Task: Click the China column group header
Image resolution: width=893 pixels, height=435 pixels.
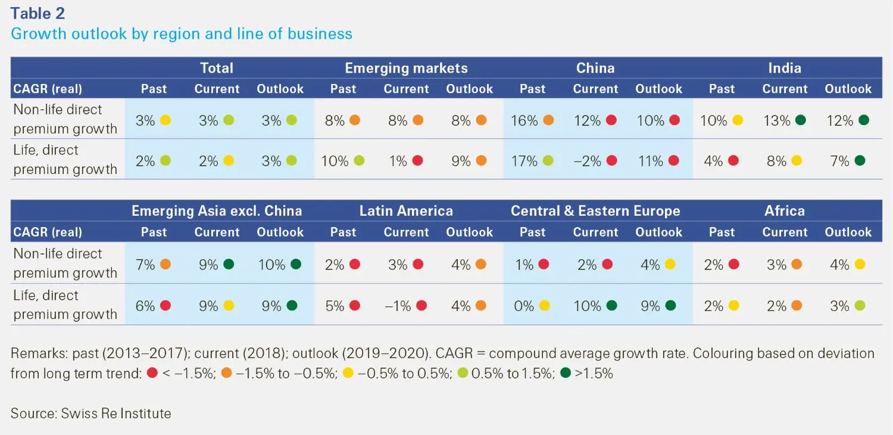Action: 595,68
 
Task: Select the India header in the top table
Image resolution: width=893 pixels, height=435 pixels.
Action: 784,68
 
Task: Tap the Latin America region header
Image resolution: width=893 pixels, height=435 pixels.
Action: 406,211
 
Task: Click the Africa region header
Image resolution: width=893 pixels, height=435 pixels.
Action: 784,211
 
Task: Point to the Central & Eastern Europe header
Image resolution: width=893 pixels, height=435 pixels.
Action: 595,211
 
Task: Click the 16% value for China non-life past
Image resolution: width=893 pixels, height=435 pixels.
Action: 524,120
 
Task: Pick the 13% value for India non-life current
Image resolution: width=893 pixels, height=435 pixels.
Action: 777,120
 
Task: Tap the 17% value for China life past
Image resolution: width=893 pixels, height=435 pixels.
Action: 524,161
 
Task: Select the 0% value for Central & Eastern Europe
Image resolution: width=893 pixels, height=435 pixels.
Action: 524,306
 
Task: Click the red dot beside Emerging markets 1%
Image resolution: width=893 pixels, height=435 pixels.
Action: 417,161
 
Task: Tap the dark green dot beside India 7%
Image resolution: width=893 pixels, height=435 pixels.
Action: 859,161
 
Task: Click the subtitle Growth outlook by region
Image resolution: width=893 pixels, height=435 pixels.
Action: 182,34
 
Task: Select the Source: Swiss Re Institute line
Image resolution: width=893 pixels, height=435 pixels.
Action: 90,413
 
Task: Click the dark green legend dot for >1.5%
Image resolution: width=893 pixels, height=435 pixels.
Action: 565,374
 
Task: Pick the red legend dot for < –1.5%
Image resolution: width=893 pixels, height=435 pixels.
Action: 152,374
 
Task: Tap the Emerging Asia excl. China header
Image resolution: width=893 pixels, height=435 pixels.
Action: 217,211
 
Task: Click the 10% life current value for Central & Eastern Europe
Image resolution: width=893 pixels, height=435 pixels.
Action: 588,306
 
